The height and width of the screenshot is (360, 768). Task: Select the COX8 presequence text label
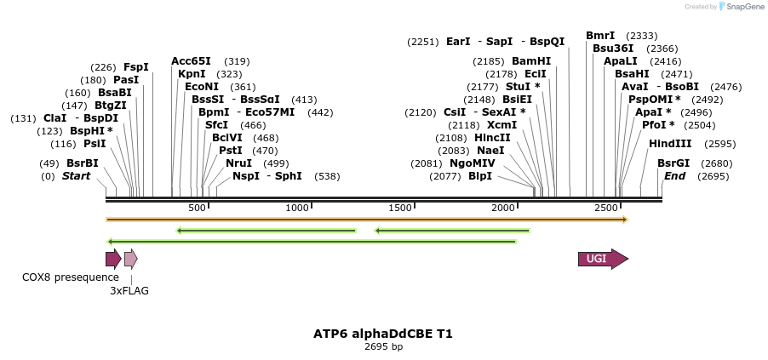coord(71,277)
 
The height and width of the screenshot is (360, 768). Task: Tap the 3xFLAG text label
coord(129,291)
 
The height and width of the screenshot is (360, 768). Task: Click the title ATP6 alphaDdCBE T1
coord(383,334)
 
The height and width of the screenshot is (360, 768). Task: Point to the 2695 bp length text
coord(383,347)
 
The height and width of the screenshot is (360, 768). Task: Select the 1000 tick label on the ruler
coord(297,209)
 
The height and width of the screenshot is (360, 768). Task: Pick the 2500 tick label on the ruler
coord(605,209)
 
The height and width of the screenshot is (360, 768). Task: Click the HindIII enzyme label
coord(670,144)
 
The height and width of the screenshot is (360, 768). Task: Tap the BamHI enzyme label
coord(531,61)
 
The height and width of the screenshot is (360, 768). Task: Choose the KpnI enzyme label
coord(192,74)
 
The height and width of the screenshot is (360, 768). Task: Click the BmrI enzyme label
coord(600,36)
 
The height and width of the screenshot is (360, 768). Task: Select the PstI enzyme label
coord(231,151)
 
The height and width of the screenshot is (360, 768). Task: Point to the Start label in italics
coord(76,176)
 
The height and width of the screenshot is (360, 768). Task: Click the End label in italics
coord(674,176)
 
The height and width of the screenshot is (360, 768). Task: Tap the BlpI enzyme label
coord(480,176)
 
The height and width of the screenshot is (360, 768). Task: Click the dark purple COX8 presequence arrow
coord(113,260)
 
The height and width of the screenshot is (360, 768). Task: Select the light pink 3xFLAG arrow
coord(130,260)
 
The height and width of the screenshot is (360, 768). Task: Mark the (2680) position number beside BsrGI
coord(716,163)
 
